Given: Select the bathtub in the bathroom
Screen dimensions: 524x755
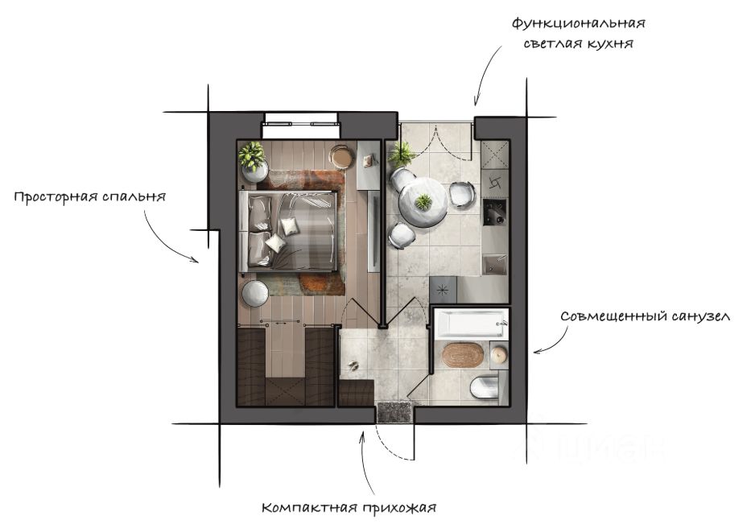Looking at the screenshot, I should [x=470, y=324].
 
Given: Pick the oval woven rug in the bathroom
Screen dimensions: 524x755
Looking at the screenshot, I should [x=460, y=354].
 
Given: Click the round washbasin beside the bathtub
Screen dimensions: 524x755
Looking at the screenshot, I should [x=499, y=353].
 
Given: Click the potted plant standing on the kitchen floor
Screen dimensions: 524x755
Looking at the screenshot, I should [x=401, y=153].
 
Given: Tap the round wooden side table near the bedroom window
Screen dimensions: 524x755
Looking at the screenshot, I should [x=342, y=156].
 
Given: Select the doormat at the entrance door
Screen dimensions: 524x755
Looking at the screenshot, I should [x=394, y=411].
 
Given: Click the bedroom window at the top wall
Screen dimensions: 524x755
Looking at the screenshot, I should [x=301, y=124].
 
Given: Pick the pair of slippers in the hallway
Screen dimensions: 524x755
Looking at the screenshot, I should [x=352, y=367].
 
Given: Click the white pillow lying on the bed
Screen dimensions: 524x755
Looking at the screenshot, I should [x=276, y=242].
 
